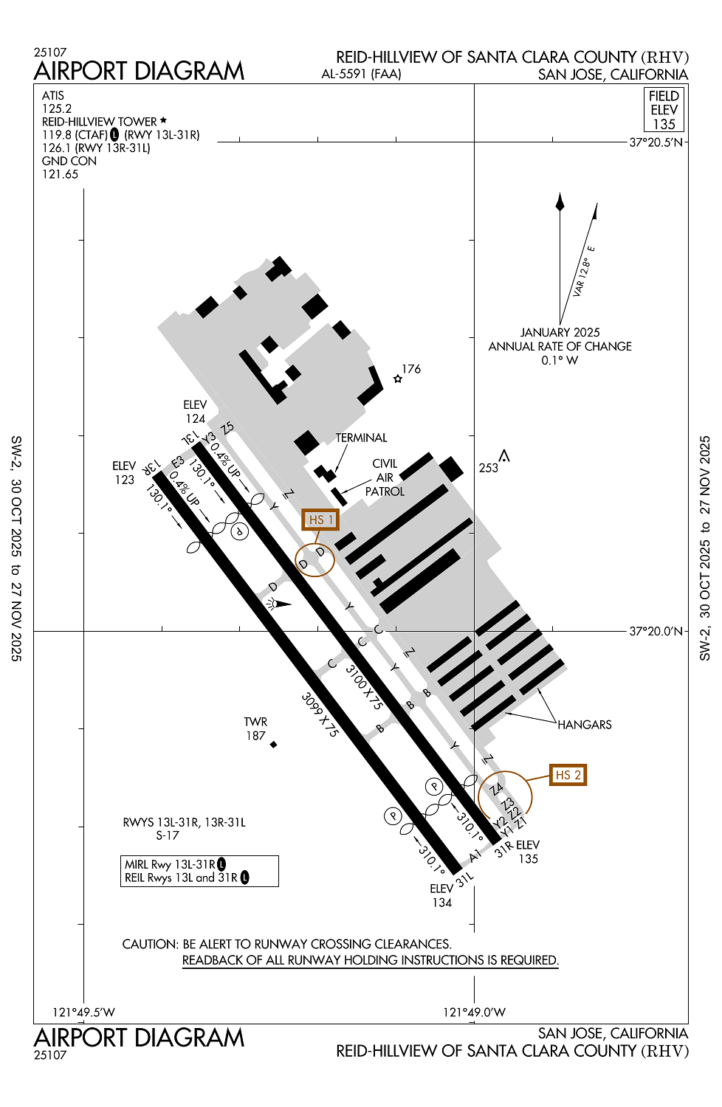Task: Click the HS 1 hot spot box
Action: click(x=320, y=520)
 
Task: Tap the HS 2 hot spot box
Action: click(x=568, y=774)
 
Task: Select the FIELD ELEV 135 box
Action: click(x=664, y=110)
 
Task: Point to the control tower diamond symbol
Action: click(x=273, y=744)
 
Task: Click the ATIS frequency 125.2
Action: click(x=57, y=108)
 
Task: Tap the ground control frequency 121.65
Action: click(x=60, y=174)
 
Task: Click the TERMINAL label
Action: click(x=361, y=438)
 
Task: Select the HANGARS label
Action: click(x=585, y=725)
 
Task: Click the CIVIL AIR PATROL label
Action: click(x=385, y=477)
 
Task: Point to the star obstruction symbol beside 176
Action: click(x=398, y=379)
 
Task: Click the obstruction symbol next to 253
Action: click(x=504, y=455)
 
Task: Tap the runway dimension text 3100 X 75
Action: click(x=363, y=687)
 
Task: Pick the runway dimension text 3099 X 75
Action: click(x=320, y=715)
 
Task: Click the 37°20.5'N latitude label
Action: click(x=656, y=142)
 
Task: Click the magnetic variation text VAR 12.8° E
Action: click(x=584, y=270)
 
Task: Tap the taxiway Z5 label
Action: click(x=227, y=428)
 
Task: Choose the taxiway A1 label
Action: click(x=475, y=855)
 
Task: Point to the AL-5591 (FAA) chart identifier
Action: click(x=361, y=74)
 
